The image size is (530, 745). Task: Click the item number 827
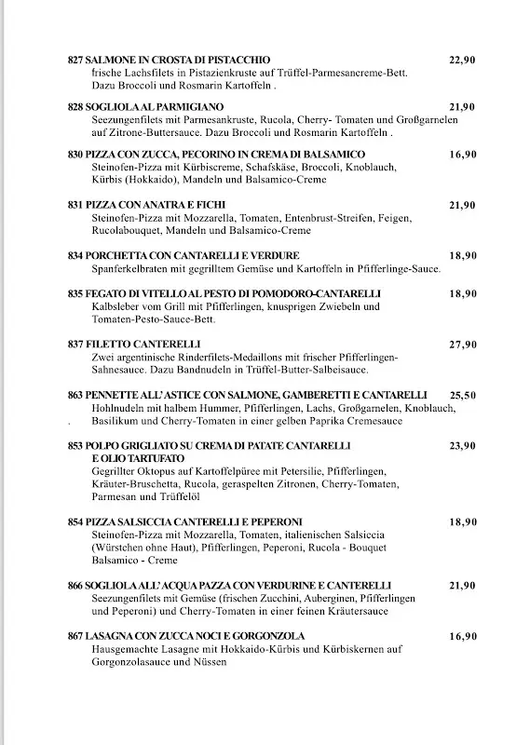[75, 60]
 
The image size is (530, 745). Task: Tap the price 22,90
[462, 60]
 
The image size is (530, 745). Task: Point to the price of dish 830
[462, 154]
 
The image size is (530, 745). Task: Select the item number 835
[75, 294]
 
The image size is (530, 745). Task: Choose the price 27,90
[462, 345]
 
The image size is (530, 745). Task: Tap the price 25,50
[462, 395]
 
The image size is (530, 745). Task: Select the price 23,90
[462, 446]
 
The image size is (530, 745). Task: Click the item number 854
[75, 522]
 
